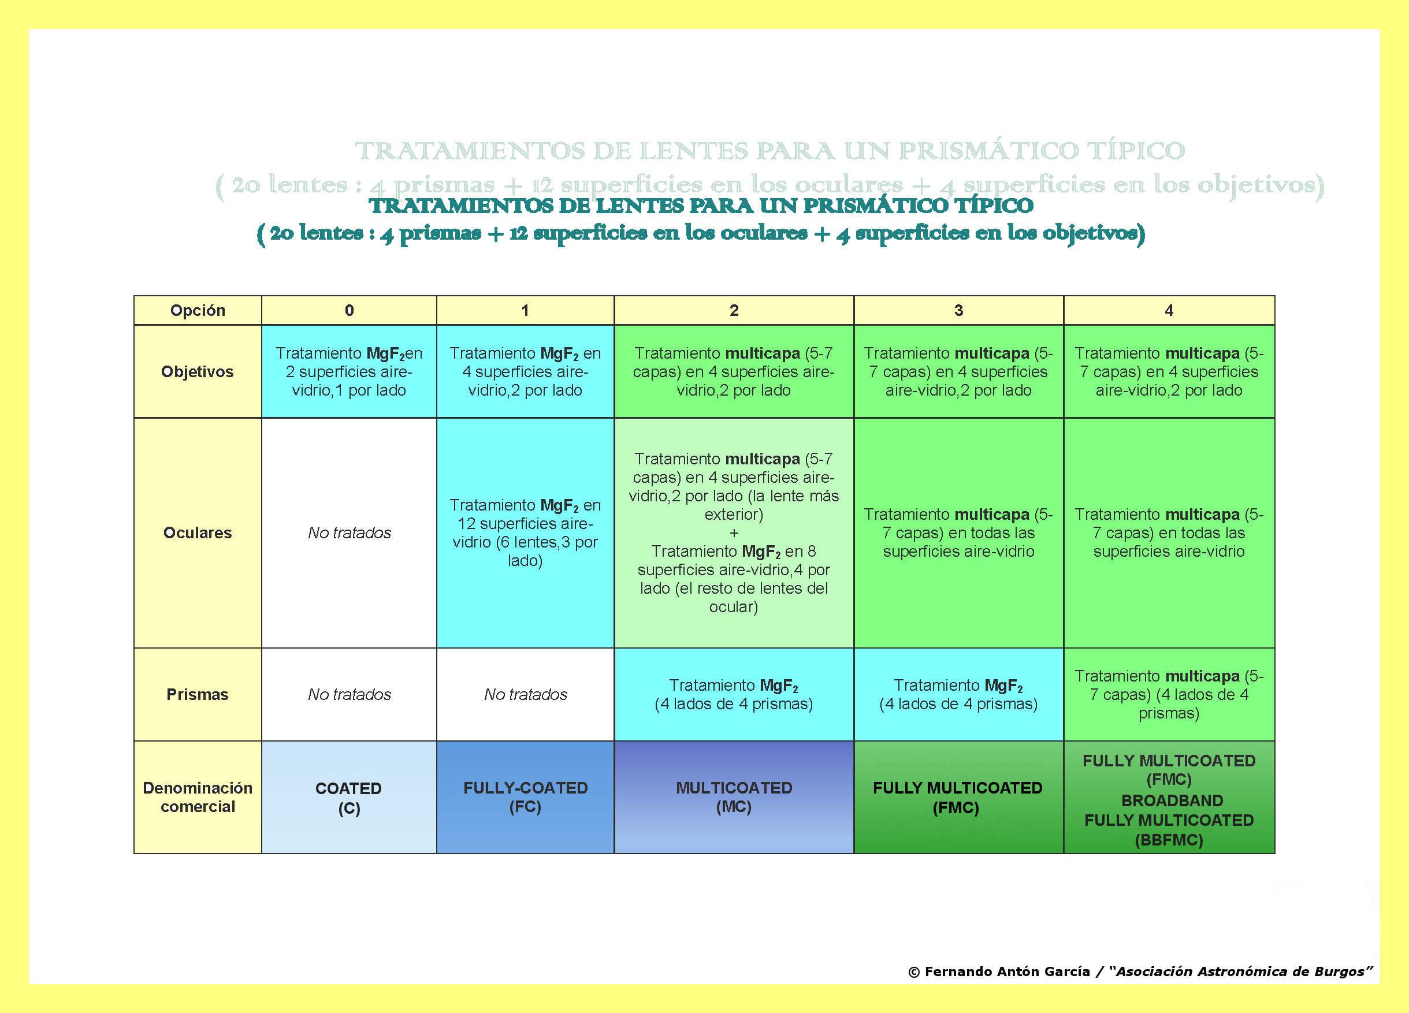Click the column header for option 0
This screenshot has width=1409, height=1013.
point(349,310)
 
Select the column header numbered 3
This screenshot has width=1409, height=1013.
point(958,310)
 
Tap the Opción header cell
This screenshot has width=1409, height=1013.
point(198,310)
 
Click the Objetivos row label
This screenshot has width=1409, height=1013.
point(198,371)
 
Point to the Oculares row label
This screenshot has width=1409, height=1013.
point(198,532)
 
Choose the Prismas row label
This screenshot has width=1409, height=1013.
point(198,694)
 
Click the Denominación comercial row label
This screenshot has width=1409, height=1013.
point(198,797)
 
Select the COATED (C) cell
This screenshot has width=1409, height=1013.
point(349,798)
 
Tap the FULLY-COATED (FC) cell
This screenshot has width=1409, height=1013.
point(525,797)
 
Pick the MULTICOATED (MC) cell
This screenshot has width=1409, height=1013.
point(734,797)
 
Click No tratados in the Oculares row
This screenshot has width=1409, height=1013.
point(349,532)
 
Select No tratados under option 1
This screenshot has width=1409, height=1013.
point(525,694)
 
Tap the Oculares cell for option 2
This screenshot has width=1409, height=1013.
point(734,532)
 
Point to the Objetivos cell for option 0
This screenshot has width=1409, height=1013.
point(349,371)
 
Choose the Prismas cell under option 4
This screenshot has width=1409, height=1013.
point(1169,694)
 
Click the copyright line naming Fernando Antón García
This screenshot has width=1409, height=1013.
point(1139,971)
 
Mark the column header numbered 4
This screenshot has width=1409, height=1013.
point(1169,310)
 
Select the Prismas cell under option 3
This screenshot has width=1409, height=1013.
point(958,694)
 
